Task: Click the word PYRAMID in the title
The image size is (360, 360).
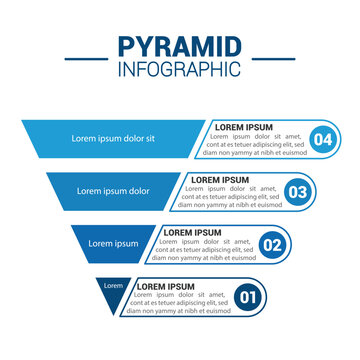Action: (179, 47)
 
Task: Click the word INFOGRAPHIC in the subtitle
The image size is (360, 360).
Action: (179, 69)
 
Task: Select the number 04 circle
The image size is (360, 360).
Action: (321, 140)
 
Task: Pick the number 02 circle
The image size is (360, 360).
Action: (271, 244)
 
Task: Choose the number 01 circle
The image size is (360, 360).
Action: (250, 296)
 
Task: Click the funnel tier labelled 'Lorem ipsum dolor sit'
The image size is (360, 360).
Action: (112, 138)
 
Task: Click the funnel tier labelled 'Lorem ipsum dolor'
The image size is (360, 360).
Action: (112, 190)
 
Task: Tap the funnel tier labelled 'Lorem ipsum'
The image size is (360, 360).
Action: (112, 242)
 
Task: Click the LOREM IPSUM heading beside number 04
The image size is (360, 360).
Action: (244, 127)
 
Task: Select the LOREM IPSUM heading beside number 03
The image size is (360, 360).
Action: (219, 179)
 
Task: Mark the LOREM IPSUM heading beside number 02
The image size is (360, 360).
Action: (194, 232)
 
